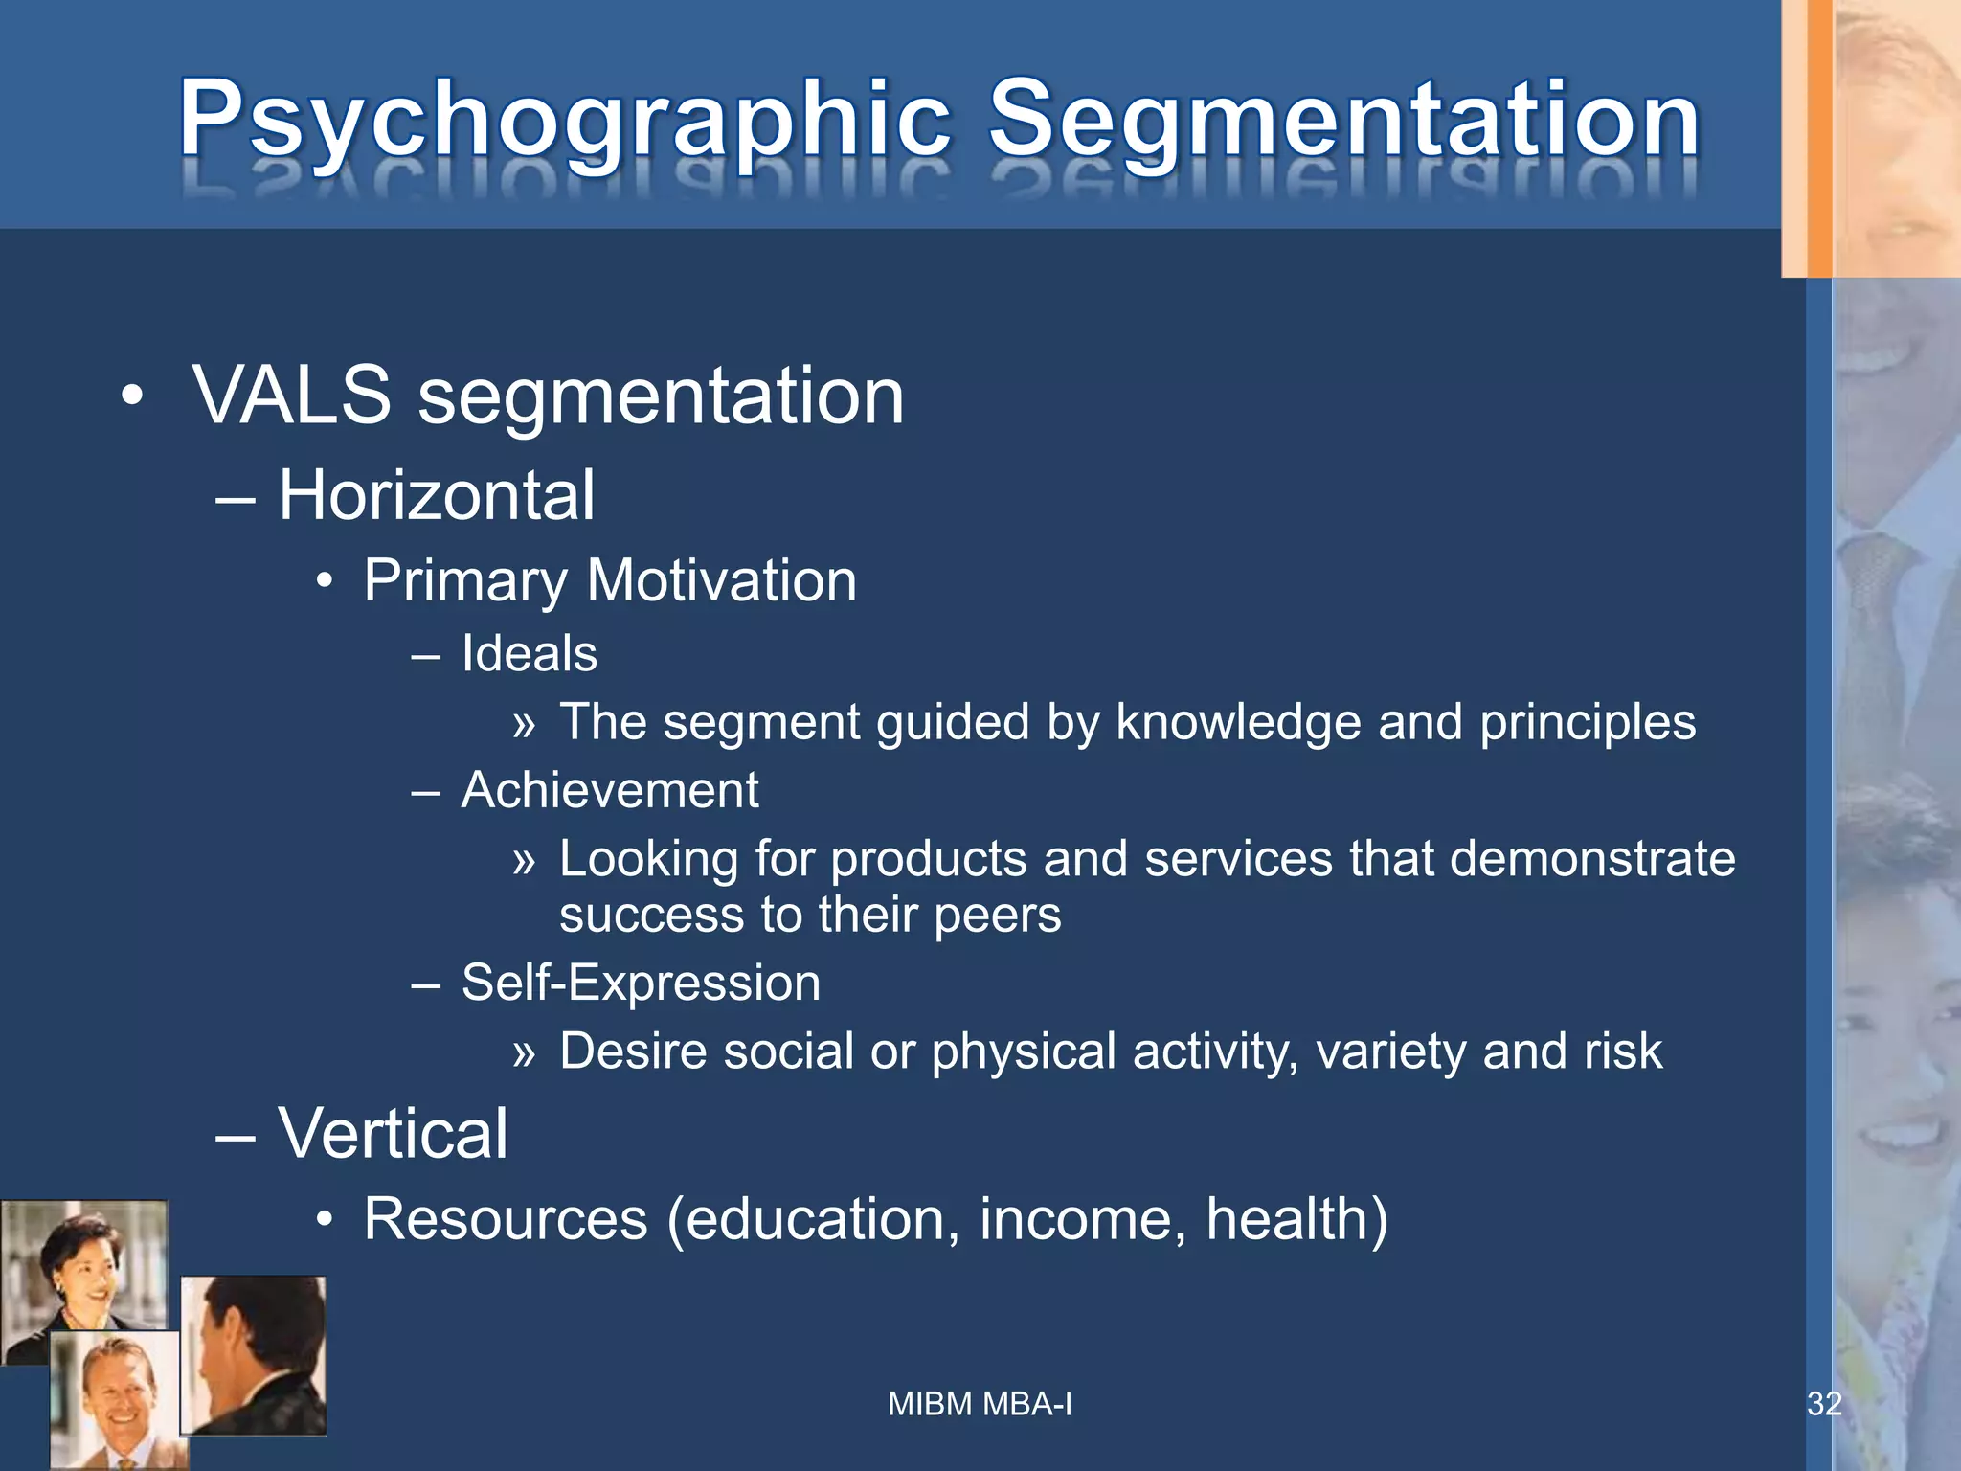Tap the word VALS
click(x=292, y=396)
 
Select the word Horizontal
click(x=437, y=496)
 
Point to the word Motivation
click(x=722, y=580)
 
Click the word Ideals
click(x=529, y=654)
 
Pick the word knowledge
click(x=1238, y=722)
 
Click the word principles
click(x=1588, y=722)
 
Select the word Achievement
click(x=610, y=791)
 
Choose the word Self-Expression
click(x=641, y=984)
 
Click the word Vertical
click(x=393, y=1134)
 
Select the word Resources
click(x=506, y=1220)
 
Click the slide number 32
click(x=1824, y=1404)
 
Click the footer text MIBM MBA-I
click(x=980, y=1404)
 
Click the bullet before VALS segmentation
click(x=132, y=396)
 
